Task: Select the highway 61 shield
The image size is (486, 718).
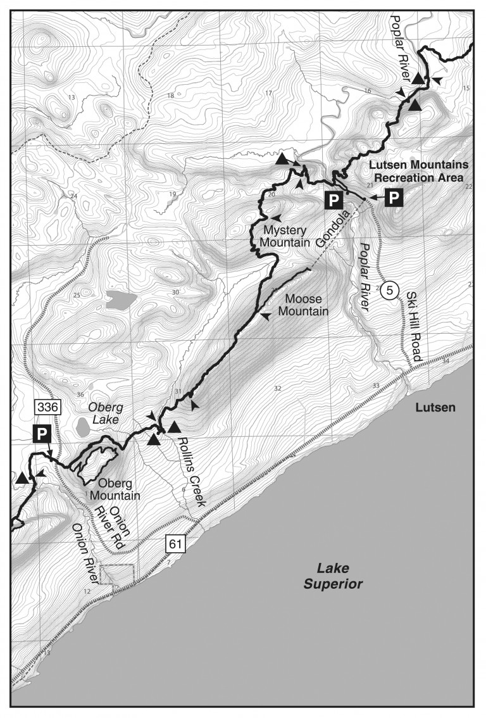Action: (175, 543)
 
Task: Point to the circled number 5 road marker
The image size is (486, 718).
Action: (390, 291)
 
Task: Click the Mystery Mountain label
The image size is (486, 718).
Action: (286, 236)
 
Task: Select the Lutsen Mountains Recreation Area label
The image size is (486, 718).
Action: (420, 170)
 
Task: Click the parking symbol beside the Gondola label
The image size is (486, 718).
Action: (333, 201)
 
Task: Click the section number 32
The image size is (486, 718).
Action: (277, 388)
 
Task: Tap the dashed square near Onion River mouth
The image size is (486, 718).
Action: (116, 576)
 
